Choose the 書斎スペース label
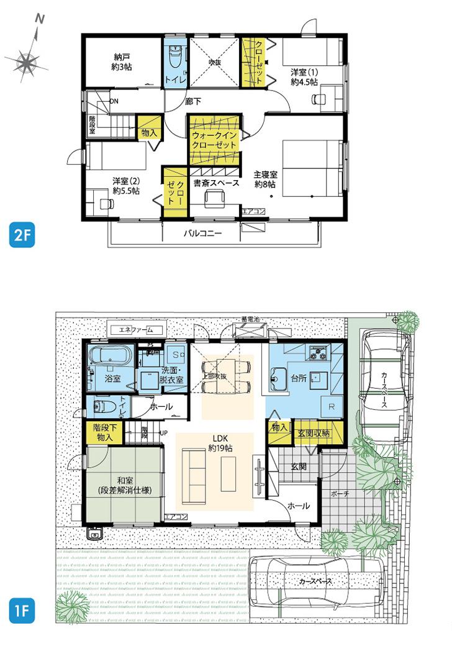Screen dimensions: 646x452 point(215,183)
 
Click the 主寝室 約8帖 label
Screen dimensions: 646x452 point(265,180)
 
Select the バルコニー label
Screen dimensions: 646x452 point(202,234)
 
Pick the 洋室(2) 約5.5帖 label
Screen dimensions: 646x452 point(125,186)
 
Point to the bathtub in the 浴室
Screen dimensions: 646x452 point(109,357)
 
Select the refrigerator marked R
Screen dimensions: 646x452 point(330,407)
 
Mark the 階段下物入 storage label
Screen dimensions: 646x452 point(103,432)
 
